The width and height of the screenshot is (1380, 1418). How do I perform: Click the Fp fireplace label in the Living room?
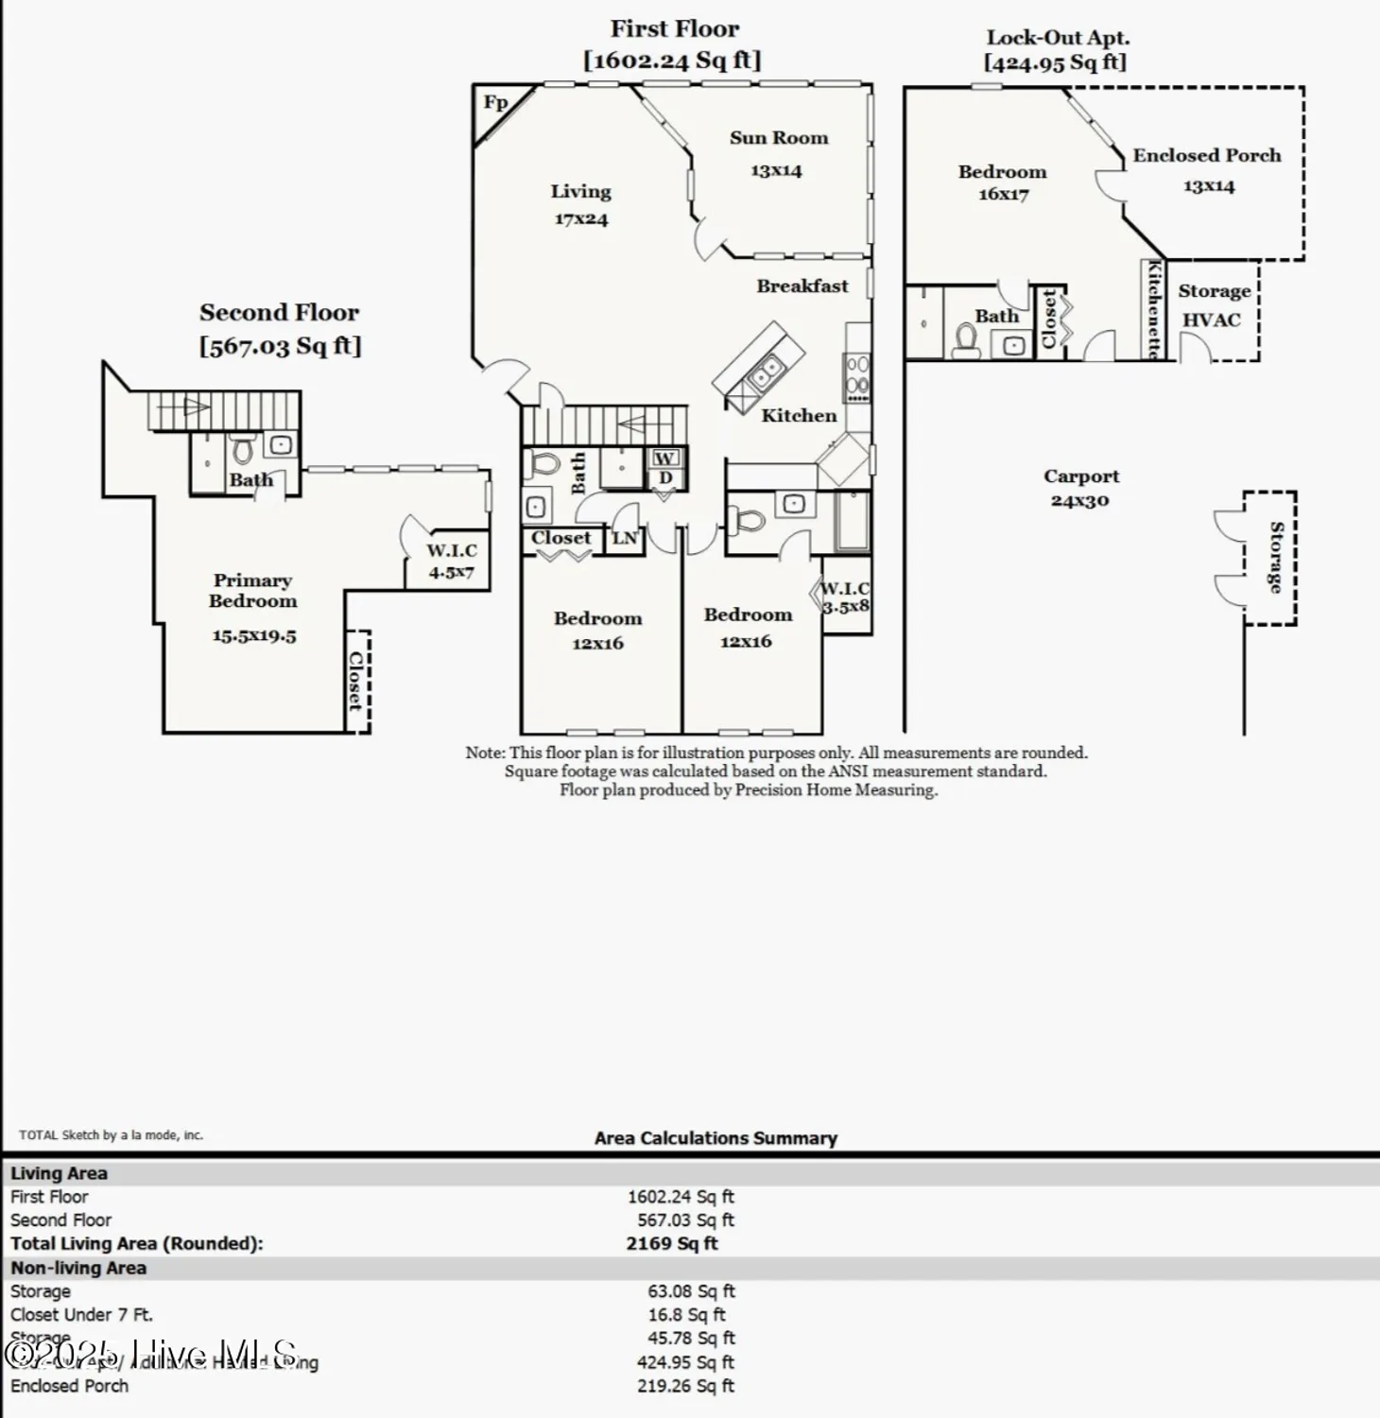click(x=495, y=102)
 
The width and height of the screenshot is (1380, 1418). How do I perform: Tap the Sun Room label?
click(x=778, y=138)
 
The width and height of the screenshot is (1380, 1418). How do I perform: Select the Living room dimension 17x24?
click(x=580, y=219)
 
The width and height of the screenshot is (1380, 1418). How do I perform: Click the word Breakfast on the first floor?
click(x=802, y=286)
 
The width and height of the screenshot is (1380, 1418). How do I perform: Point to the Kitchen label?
click(x=799, y=416)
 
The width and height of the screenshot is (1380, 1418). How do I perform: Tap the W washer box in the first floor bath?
click(x=664, y=458)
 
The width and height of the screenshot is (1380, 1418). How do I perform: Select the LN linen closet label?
click(x=625, y=539)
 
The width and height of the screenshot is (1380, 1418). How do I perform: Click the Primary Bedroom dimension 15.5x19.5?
click(x=253, y=636)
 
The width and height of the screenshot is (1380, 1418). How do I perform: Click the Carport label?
click(x=1080, y=477)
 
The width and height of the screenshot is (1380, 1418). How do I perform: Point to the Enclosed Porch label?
click(x=1206, y=156)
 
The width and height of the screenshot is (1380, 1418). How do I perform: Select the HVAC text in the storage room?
click(x=1211, y=320)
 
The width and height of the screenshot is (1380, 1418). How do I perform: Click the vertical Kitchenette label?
click(x=1153, y=309)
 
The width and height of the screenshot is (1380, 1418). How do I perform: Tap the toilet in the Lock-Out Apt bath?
click(x=966, y=340)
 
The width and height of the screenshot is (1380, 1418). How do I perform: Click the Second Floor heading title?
click(x=279, y=313)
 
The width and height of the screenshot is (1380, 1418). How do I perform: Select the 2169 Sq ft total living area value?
click(x=671, y=1244)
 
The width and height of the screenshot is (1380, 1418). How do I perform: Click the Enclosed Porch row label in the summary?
click(x=69, y=1386)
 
